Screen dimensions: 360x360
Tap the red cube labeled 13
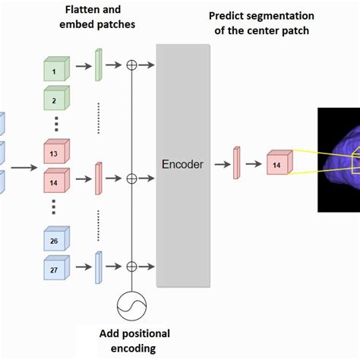pyautogui.click(x=55, y=152)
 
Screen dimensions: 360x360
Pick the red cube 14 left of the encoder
pyautogui.click(x=55, y=183)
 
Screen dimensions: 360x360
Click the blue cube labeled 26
pyautogui.click(x=55, y=240)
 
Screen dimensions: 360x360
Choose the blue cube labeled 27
pyautogui.click(x=55, y=269)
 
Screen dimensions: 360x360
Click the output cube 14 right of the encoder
pyautogui.click(x=277, y=164)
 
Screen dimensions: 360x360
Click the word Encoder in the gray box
pyautogui.click(x=182, y=164)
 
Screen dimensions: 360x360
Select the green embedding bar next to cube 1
pyautogui.click(x=98, y=65)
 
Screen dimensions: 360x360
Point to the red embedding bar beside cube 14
pyautogui.click(x=98, y=178)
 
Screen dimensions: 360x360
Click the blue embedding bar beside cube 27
pyautogui.click(x=98, y=267)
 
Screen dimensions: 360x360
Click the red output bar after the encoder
pyautogui.click(x=237, y=163)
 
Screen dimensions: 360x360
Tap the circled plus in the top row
pyautogui.click(x=131, y=65)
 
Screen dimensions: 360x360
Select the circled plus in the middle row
pyautogui.click(x=131, y=178)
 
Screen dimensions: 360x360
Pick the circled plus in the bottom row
pyautogui.click(x=131, y=266)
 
